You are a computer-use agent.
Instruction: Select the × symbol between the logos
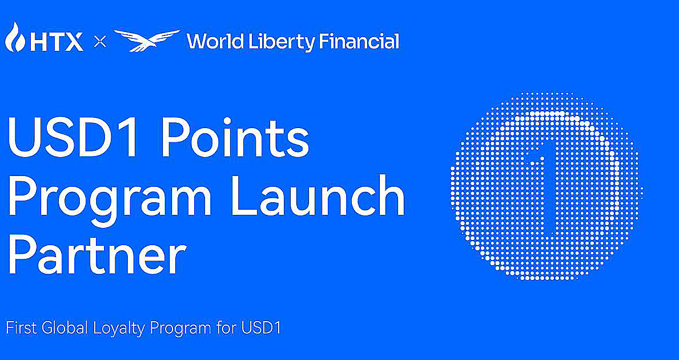[100, 42]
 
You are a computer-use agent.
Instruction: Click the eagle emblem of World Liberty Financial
[146, 41]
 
